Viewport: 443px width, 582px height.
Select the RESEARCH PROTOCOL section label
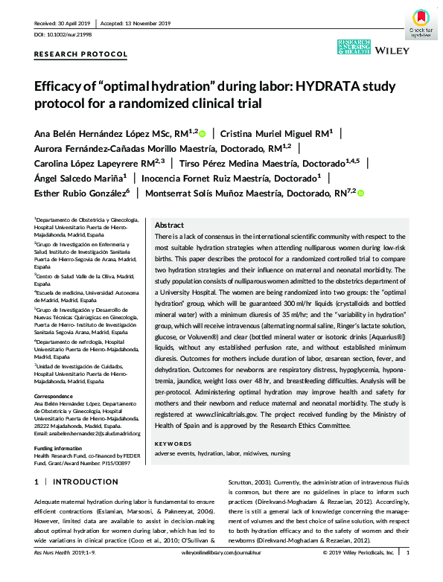pos(80,55)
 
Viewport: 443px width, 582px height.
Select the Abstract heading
pos(169,225)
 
